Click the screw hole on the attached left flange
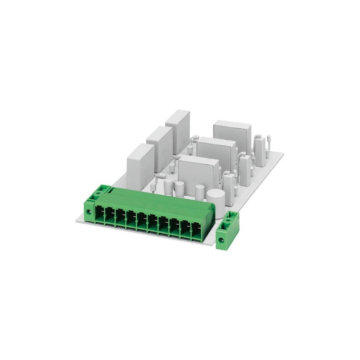(90, 210)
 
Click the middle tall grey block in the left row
(159, 144)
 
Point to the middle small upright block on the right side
(245, 166)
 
